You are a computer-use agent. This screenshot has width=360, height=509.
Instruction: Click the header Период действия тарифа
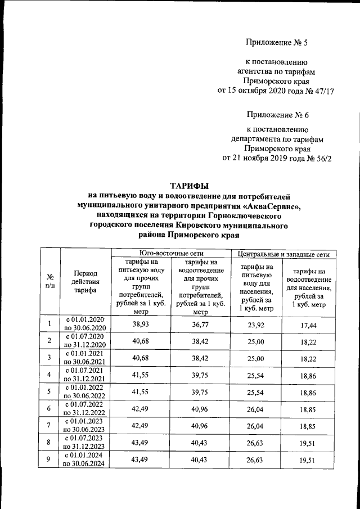86,282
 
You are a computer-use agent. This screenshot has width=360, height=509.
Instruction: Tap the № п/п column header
49,282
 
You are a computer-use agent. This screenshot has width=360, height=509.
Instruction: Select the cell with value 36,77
200,325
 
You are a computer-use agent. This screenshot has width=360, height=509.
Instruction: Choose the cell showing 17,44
307,325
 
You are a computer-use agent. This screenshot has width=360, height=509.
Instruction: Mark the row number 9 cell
49,460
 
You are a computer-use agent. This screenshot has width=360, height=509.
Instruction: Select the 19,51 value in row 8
307,443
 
